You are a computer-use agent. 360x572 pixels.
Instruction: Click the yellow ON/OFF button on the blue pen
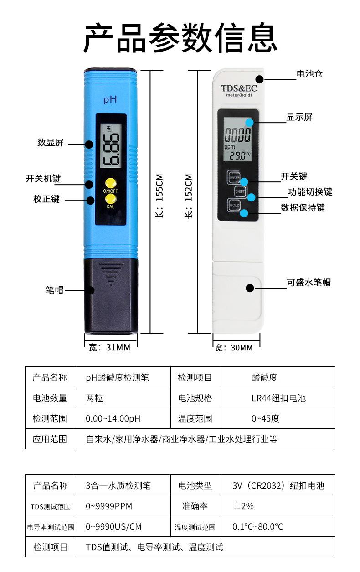point(111,183)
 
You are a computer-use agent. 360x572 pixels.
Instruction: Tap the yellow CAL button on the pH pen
point(111,199)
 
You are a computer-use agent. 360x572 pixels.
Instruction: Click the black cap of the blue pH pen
point(111,296)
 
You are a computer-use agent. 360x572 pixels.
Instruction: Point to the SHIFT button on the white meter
point(240,191)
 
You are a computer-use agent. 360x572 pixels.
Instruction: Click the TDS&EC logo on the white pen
point(239,88)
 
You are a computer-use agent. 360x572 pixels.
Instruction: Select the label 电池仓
point(309,74)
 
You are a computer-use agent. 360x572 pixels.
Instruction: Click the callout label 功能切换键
point(310,192)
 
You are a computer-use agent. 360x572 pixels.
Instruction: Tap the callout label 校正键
point(46,199)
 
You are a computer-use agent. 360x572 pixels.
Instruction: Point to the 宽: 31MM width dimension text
point(109,347)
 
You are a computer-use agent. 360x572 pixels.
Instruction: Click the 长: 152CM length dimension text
point(188,196)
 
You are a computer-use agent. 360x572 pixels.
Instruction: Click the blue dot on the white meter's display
point(250,123)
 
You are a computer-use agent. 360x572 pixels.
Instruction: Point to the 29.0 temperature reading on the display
point(238,155)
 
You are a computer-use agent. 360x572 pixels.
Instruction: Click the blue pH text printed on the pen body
point(110,99)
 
